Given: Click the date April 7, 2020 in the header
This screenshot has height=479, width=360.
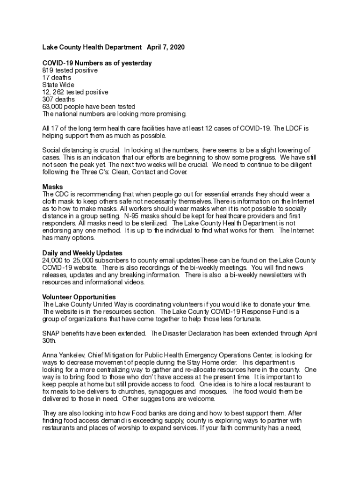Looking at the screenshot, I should coord(166,48).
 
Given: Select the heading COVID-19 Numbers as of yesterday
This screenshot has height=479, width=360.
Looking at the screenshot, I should coord(97,63).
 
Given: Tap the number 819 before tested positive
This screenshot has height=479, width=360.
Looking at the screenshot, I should coord(48,70).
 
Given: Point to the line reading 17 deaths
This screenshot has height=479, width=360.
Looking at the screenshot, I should coord(57,78).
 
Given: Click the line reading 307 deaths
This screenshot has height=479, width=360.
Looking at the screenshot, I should coord(58,100).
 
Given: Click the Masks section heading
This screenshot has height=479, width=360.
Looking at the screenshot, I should coord(52,187).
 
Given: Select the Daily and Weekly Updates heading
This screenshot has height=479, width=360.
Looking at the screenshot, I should coord(82,253).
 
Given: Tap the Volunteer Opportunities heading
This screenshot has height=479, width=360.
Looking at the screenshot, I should coord(79,297).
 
